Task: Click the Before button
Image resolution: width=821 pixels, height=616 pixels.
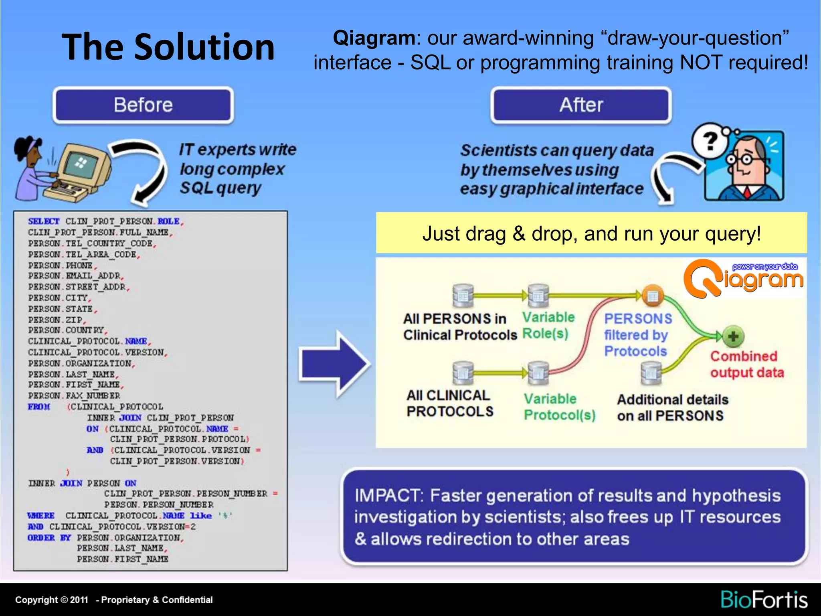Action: tap(143, 105)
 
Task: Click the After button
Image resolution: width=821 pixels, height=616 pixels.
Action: tap(581, 105)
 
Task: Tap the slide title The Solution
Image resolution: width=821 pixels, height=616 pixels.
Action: tap(168, 47)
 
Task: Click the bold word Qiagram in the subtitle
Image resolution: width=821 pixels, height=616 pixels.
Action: tap(374, 38)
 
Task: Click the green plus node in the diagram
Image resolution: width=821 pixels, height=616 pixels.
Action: tap(733, 336)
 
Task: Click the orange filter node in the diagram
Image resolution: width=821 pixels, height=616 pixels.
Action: tap(653, 296)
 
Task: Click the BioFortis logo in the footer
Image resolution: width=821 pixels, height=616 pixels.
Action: tap(764, 600)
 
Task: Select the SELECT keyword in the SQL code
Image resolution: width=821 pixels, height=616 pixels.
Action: tap(43, 221)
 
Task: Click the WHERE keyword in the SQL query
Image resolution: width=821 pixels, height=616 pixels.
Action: tap(41, 515)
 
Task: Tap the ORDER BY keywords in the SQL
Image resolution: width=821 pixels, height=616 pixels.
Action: tap(49, 537)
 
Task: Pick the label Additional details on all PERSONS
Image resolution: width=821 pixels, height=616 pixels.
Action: tap(672, 407)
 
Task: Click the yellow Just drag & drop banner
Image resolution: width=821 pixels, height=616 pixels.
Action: tap(591, 233)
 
